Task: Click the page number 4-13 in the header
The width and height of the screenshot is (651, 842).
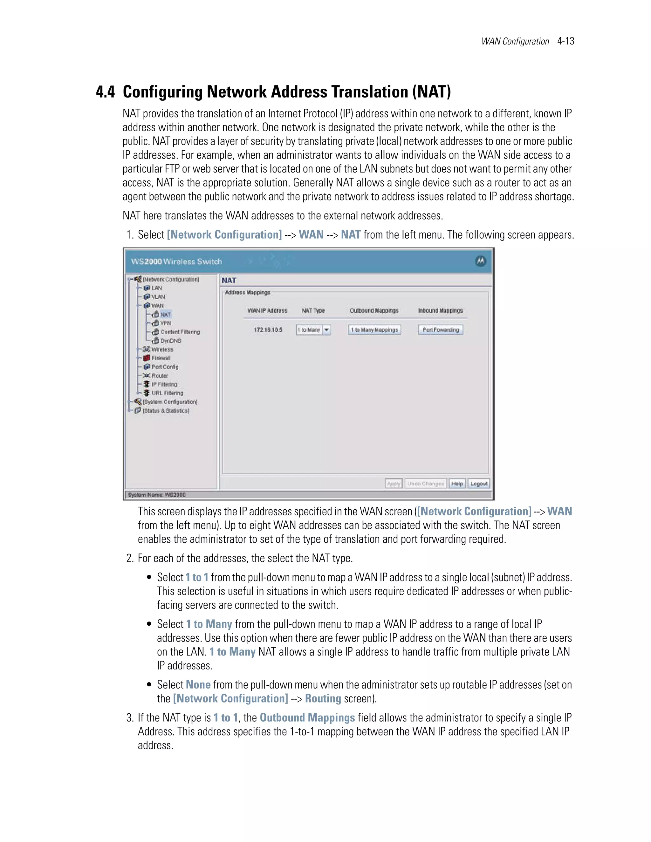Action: click(x=565, y=41)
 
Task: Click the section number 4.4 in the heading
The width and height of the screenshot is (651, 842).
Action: click(x=105, y=92)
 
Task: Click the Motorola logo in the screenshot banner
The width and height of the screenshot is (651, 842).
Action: click(x=480, y=261)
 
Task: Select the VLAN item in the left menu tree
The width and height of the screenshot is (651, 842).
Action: click(x=158, y=297)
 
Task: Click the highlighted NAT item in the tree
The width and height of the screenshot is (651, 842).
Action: click(x=165, y=315)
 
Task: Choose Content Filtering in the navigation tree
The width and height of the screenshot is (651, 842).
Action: click(x=180, y=332)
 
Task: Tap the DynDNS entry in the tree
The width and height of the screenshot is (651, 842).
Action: click(x=170, y=341)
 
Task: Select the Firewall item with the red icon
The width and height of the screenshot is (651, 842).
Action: click(x=160, y=358)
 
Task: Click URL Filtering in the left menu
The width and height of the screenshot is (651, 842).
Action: click(x=167, y=393)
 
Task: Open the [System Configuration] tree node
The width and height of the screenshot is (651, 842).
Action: click(x=170, y=402)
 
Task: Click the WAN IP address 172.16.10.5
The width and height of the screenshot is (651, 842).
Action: click(x=268, y=329)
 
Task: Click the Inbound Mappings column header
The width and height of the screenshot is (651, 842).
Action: click(x=441, y=310)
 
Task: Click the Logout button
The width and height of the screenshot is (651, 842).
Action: click(x=479, y=484)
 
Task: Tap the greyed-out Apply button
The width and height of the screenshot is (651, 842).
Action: click(x=394, y=484)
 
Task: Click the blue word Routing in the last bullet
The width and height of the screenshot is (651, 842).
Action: click(x=323, y=699)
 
